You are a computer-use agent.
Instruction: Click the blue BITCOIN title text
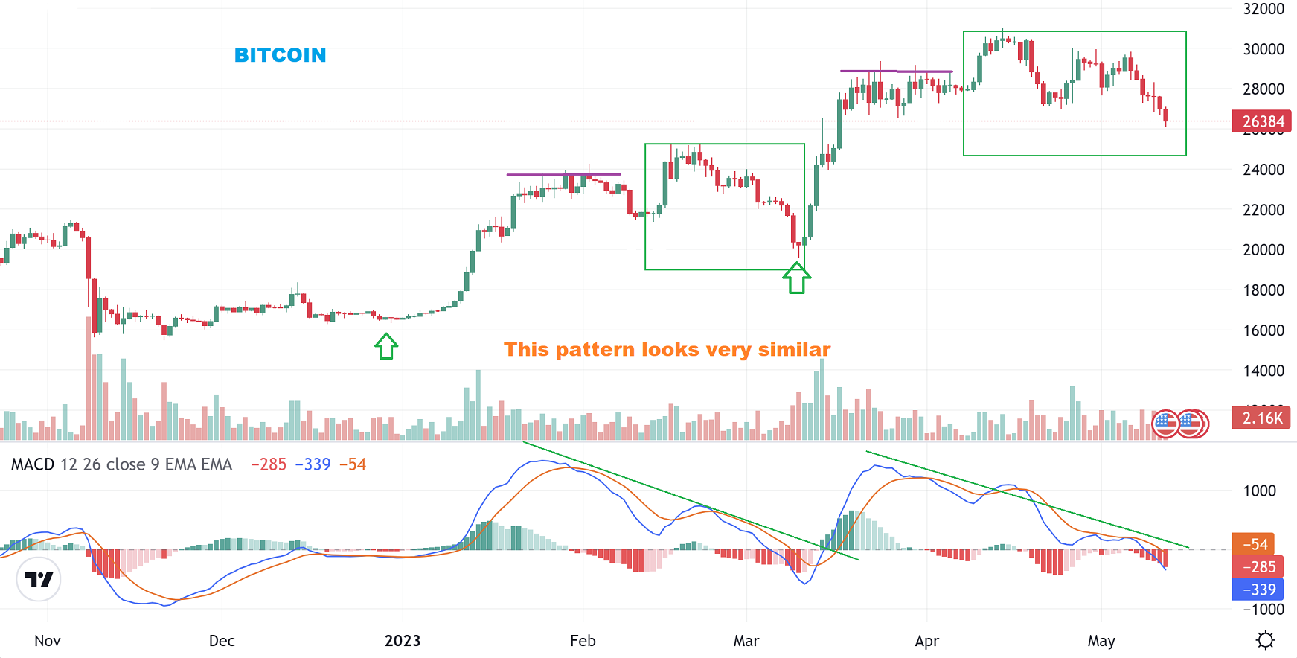coord(280,55)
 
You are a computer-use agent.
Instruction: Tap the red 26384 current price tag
coord(1262,121)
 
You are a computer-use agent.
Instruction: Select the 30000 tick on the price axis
coord(1263,49)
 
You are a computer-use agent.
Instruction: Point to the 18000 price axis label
coord(1263,290)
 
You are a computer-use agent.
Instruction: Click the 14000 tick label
coord(1263,371)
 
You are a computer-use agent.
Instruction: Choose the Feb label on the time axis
coord(583,641)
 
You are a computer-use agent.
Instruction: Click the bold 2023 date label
coord(403,641)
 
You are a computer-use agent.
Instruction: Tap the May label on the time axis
coord(1101,641)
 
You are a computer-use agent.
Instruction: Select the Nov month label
coord(48,641)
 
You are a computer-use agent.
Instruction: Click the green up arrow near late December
coord(386,346)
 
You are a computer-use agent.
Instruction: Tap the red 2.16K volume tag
coord(1262,418)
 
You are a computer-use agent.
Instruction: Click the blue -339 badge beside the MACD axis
coord(1258,590)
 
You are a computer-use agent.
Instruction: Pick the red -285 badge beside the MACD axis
coord(1258,567)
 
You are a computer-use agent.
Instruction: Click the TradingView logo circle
coord(39,579)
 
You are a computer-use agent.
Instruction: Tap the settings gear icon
coord(1265,640)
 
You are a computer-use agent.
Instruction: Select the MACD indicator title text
coord(121,464)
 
